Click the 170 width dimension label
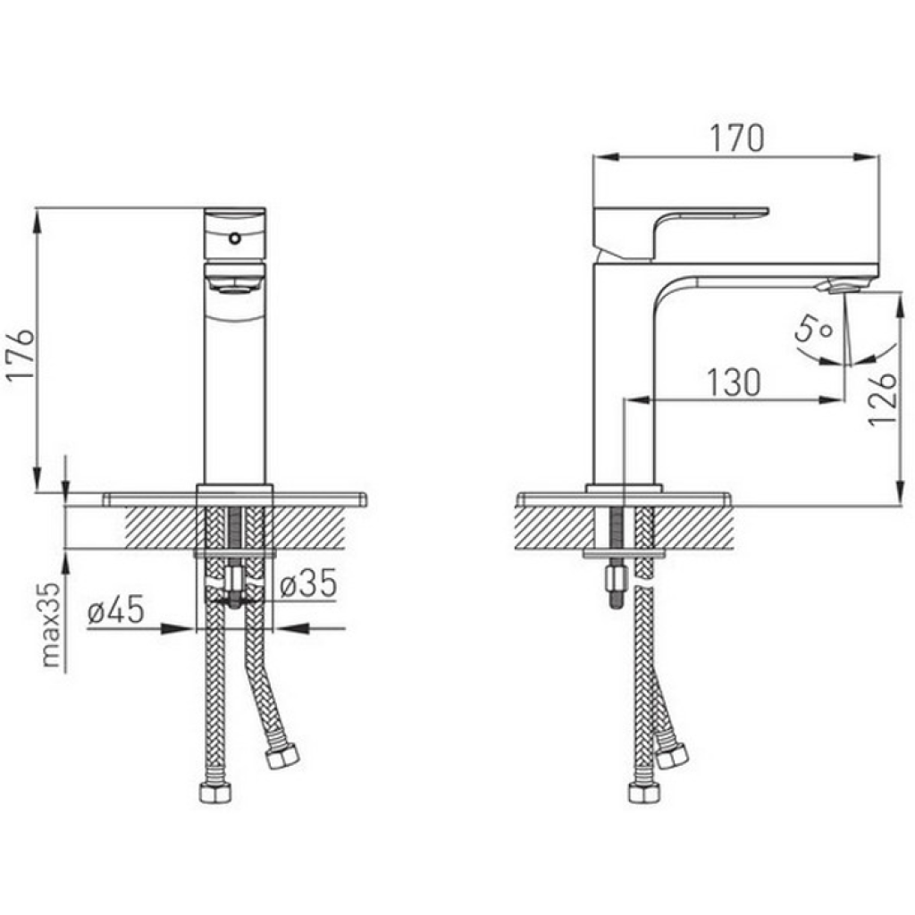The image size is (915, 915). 736,139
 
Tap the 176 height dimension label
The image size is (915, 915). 21,355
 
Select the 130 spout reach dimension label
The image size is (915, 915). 734,382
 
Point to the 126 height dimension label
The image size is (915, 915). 881,399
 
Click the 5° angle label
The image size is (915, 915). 813,330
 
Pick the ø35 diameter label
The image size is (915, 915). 308,583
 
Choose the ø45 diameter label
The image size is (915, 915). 115,609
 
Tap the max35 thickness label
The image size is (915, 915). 51,625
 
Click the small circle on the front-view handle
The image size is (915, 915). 235,238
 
